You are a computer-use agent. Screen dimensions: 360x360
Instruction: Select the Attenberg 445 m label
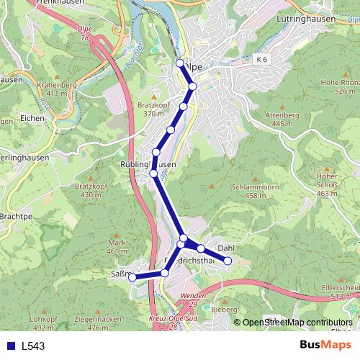click(282, 120)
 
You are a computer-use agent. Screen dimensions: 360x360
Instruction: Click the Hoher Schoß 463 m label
click(327, 184)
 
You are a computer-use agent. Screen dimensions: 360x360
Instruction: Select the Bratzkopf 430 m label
click(88, 190)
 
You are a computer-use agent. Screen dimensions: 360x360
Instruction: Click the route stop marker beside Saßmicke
click(132, 278)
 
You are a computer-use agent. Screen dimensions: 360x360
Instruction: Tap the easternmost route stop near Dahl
click(228, 261)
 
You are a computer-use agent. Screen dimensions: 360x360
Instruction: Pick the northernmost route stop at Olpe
click(179, 63)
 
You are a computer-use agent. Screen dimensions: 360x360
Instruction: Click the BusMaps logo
click(321, 345)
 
